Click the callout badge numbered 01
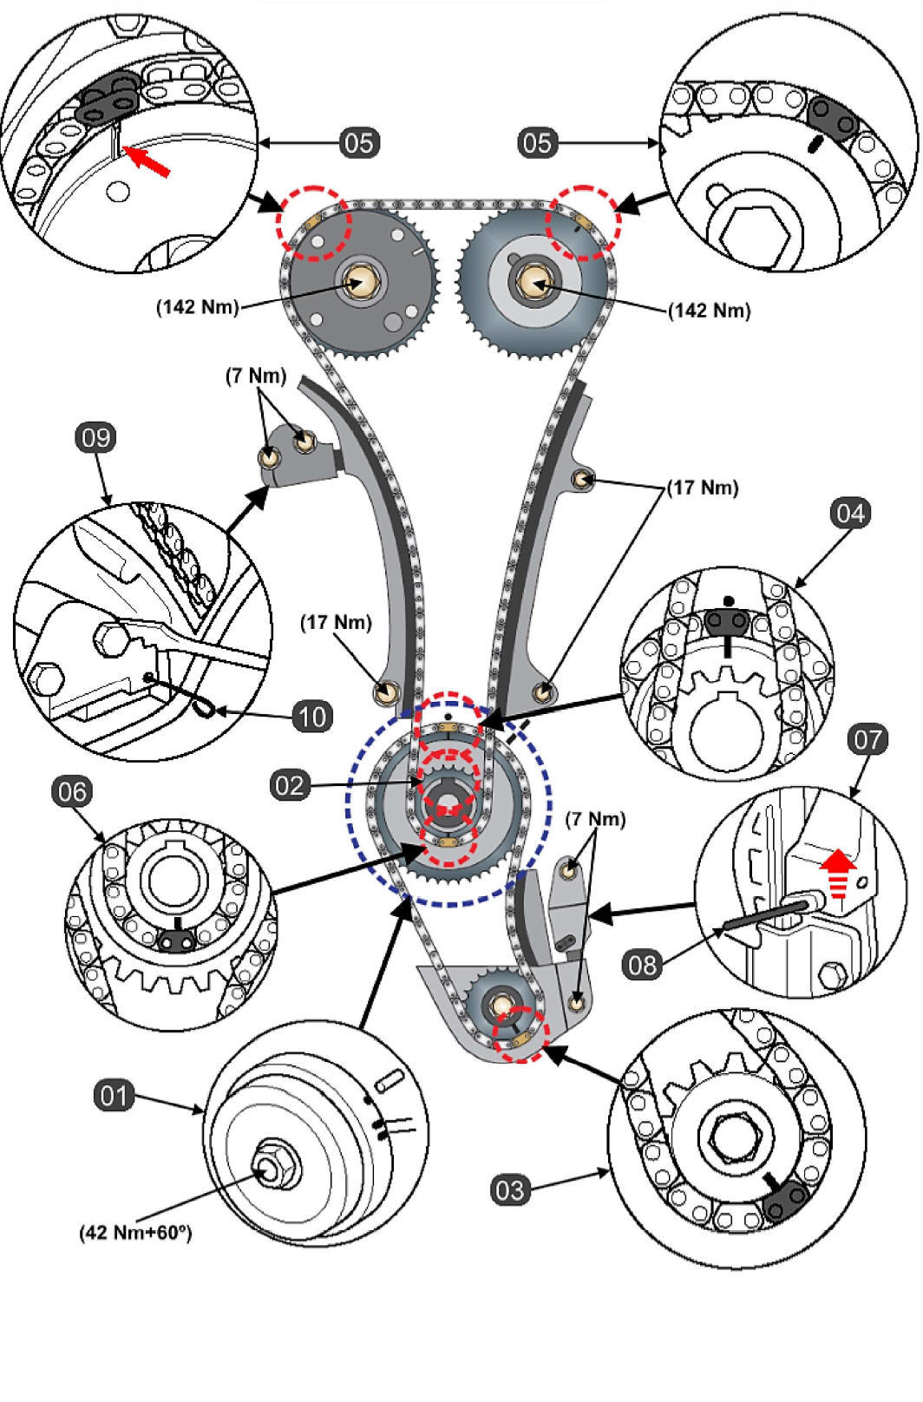pos(114,1096)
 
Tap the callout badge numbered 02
pos(290,785)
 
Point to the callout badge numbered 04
pos(849,514)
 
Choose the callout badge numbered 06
pos(73,791)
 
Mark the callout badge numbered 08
pos(643,964)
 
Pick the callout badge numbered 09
pos(95,437)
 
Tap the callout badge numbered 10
pos(311,716)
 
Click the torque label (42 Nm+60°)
pos(135,1232)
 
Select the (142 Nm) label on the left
pos(197,307)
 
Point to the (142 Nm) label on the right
pos(709,310)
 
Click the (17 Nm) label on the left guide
pos(336,622)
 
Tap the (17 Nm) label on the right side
pos(702,488)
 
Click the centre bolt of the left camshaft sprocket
pos(358,282)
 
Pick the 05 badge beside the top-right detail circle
pos(537,142)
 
